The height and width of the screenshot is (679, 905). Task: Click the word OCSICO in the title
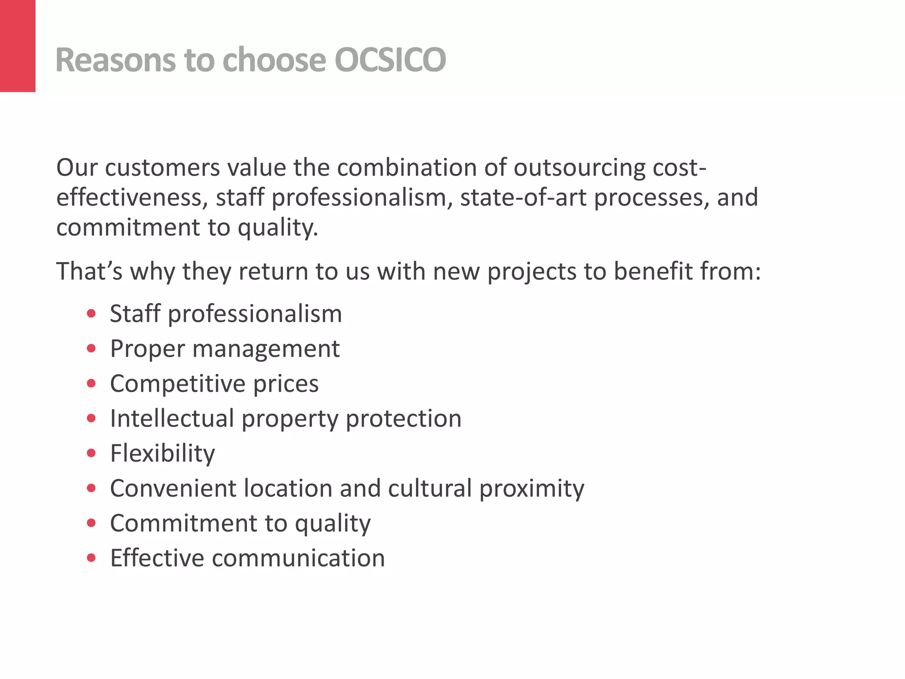tap(390, 60)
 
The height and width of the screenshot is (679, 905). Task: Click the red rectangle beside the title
tap(18, 46)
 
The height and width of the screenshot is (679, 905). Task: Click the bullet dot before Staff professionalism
tap(91, 314)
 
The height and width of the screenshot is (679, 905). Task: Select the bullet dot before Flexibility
tap(91, 453)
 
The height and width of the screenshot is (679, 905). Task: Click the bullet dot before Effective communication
tap(91, 558)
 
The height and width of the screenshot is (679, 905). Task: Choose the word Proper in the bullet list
tap(147, 349)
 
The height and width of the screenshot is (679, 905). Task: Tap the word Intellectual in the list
tap(172, 418)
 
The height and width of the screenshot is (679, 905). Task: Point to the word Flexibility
tap(163, 454)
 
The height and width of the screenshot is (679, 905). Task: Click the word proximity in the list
tap(532, 489)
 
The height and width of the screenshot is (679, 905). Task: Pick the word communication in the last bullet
tap(298, 558)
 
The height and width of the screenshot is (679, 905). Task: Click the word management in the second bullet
tap(266, 349)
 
